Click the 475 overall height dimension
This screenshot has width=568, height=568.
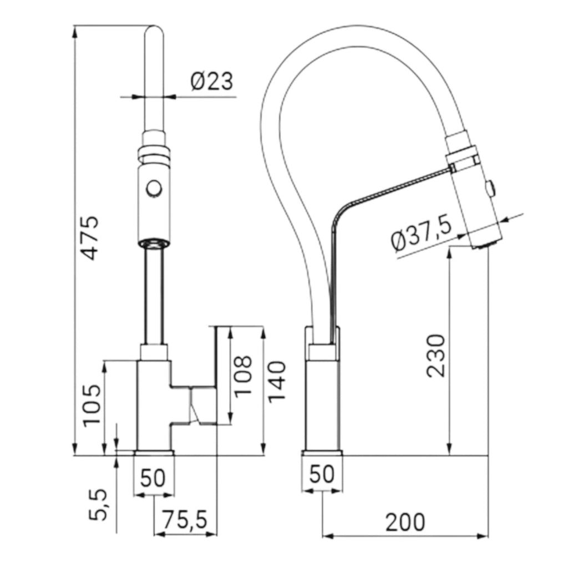pyautogui.click(x=89, y=238)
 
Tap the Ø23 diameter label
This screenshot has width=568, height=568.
pyautogui.click(x=211, y=81)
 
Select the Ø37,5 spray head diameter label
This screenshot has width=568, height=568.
pyautogui.click(x=422, y=235)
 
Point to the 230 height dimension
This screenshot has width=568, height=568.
pyautogui.click(x=435, y=356)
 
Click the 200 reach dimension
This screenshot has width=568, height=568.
pyautogui.click(x=404, y=522)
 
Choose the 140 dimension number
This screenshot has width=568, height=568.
pyautogui.click(x=277, y=382)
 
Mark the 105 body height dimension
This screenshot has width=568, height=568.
pyautogui.click(x=92, y=405)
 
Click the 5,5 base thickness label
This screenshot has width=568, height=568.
pyautogui.click(x=98, y=505)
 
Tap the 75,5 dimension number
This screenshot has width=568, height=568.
pyautogui.click(x=184, y=519)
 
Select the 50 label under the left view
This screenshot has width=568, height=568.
pyautogui.click(x=153, y=478)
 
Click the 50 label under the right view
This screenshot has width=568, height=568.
pyautogui.click(x=322, y=474)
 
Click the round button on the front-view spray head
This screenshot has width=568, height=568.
pyautogui.click(x=154, y=189)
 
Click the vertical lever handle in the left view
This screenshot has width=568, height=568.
pyautogui.click(x=213, y=376)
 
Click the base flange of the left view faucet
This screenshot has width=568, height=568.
pyautogui.click(x=154, y=453)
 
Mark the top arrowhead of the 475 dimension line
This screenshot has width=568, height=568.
pyautogui.click(x=75, y=32)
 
